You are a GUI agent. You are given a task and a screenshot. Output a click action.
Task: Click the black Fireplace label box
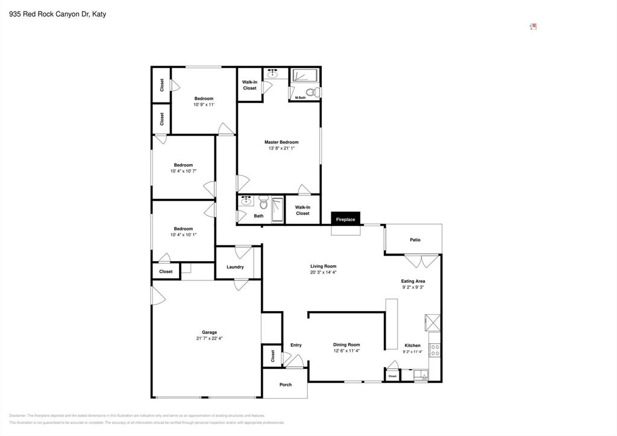pyautogui.click(x=345, y=220)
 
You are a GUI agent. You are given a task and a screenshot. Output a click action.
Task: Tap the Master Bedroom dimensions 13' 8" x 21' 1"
pyautogui.click(x=281, y=148)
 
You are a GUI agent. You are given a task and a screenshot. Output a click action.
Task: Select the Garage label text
pyautogui.click(x=209, y=332)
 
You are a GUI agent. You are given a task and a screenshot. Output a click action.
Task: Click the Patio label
pyautogui.click(x=415, y=240)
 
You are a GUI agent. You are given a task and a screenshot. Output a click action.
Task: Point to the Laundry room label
pyautogui.click(x=235, y=267)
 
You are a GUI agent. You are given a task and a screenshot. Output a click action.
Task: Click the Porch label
pyautogui.click(x=285, y=385)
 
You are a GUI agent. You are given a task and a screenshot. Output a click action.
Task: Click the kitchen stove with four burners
pyautogui.click(x=434, y=350)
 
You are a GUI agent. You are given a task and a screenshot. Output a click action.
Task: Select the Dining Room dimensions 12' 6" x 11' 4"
pyautogui.click(x=346, y=351)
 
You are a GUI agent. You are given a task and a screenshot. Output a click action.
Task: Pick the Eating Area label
pyautogui.click(x=413, y=281)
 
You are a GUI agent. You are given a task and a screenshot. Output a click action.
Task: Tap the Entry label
pyautogui.click(x=296, y=345)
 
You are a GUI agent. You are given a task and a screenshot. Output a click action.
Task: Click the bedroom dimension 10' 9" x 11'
pyautogui.click(x=204, y=105)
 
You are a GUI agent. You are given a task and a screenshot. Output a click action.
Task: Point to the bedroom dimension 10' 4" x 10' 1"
pyautogui.click(x=183, y=235)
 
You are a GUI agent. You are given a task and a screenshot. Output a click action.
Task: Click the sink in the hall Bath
pyautogui.click(x=245, y=201)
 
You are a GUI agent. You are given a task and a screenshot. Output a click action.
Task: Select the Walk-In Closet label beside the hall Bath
pyautogui.click(x=302, y=210)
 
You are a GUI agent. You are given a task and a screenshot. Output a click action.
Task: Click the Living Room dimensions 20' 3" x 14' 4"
pyautogui.click(x=323, y=273)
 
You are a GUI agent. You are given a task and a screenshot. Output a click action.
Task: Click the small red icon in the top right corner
pyautogui.click(x=533, y=27)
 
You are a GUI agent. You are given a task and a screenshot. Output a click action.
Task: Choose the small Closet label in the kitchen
pyautogui.click(x=392, y=376)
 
